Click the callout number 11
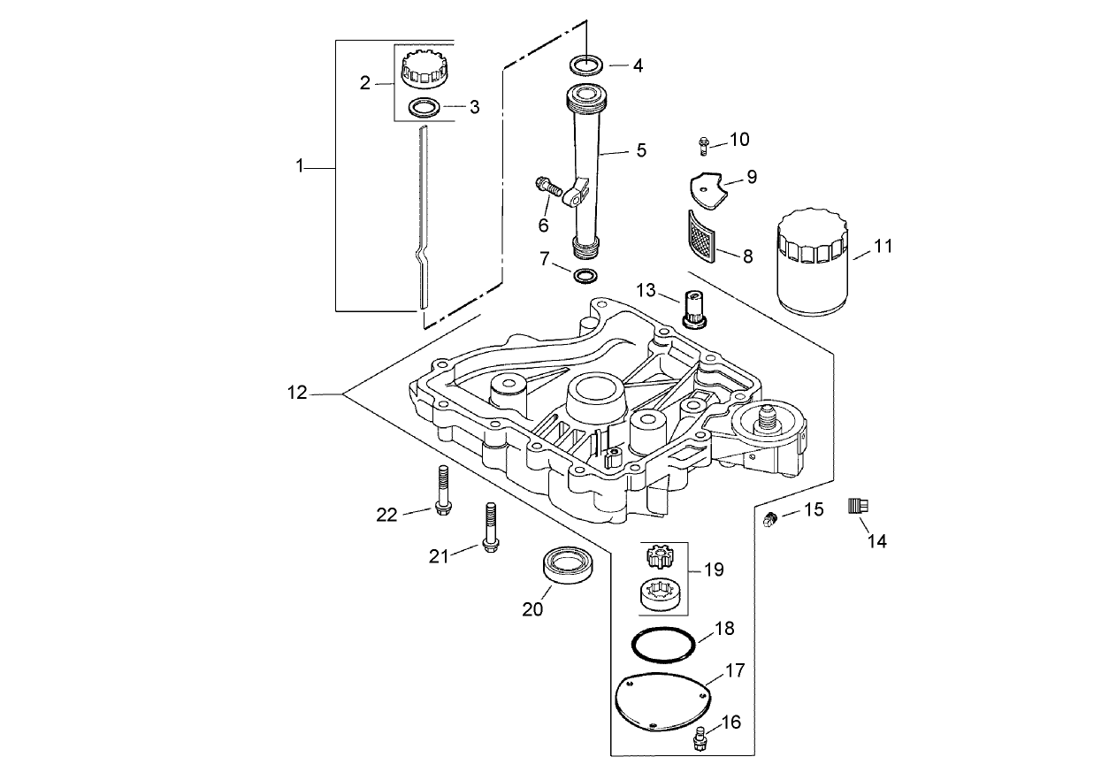tap(883, 247)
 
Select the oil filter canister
tap(813, 263)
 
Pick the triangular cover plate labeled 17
tap(661, 701)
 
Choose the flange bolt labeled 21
tap(488, 527)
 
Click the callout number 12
tap(298, 393)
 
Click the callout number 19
tap(714, 570)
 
